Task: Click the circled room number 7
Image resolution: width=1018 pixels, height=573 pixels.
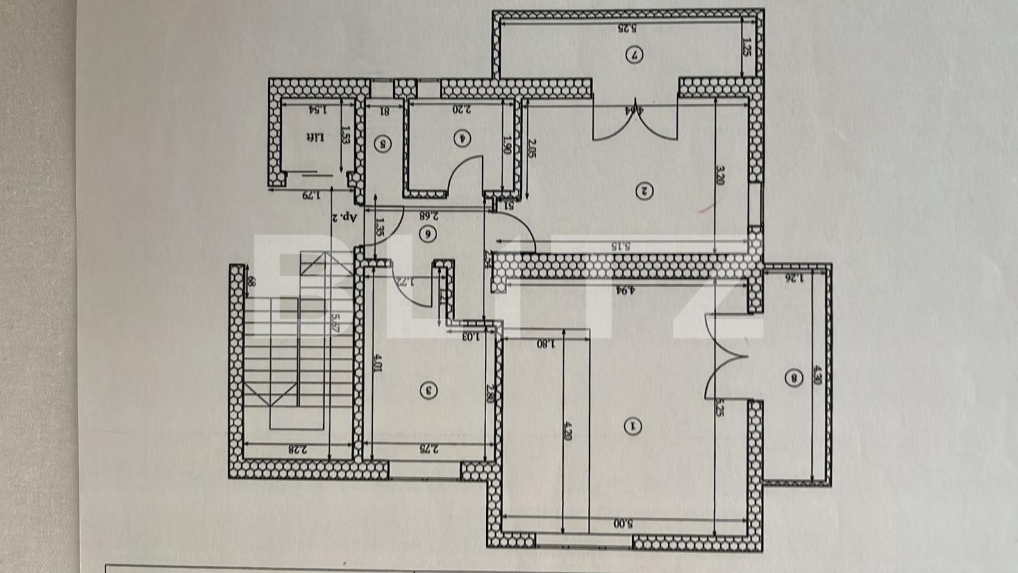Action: pos(633,55)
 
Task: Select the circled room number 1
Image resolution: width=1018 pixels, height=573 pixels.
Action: pos(632,426)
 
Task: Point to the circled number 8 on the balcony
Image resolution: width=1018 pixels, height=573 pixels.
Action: pos(793,379)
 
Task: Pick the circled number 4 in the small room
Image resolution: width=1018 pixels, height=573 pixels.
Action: pos(463,137)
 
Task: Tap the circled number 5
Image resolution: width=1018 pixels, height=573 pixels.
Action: pos(383,144)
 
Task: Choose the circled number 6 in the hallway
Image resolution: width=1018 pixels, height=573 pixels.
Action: pos(428,234)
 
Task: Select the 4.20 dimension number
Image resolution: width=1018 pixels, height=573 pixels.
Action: pos(568,434)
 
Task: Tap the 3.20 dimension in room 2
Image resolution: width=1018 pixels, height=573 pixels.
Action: pos(720,173)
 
